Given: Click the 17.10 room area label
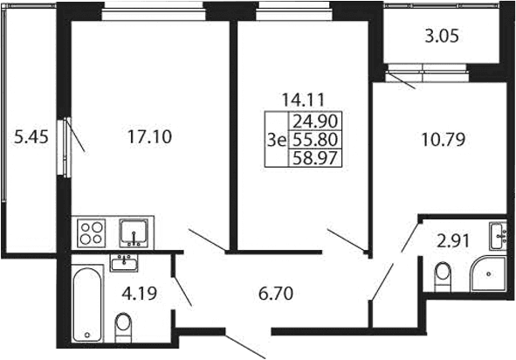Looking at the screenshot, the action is coord(149,136).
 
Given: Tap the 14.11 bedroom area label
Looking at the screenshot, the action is coord(303,100).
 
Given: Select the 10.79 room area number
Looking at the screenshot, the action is coord(444,139).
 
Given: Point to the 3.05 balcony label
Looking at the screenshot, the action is coord(442,36).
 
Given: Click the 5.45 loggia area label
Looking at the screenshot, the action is coord(31,136).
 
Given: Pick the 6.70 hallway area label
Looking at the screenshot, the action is coord(276,294).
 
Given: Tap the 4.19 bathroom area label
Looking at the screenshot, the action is coord(139,294).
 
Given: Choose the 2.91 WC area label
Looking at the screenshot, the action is coord(453,241).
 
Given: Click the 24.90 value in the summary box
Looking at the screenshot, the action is coord(315,121).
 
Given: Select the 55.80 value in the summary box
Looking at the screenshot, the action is coord(315,140).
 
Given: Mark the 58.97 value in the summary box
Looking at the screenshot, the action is coord(315,158).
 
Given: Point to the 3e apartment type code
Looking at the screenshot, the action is coord(277,141).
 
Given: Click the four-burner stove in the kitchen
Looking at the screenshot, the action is coord(92,232).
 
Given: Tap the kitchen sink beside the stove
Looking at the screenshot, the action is coord(134,232).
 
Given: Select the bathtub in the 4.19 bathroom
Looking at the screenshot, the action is coord(87,305).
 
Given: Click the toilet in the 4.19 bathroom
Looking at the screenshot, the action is coord(123,327).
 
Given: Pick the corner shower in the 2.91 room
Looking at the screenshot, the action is coord(488,274).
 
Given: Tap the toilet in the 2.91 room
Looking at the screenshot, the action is coord(443,276).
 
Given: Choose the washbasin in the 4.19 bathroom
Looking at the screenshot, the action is coord(124,263).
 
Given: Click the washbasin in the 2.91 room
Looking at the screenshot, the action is coord(498,236).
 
